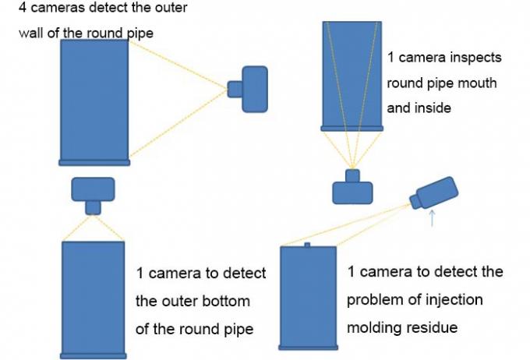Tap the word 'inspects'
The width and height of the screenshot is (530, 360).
[x=475, y=58]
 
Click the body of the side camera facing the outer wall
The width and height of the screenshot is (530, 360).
[x=255, y=88]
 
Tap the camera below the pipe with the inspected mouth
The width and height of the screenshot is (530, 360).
[x=352, y=188]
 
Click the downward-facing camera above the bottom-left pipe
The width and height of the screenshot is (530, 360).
[x=93, y=192]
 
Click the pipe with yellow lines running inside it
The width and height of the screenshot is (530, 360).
[x=352, y=74]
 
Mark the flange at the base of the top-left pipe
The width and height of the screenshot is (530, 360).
[x=94, y=162]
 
